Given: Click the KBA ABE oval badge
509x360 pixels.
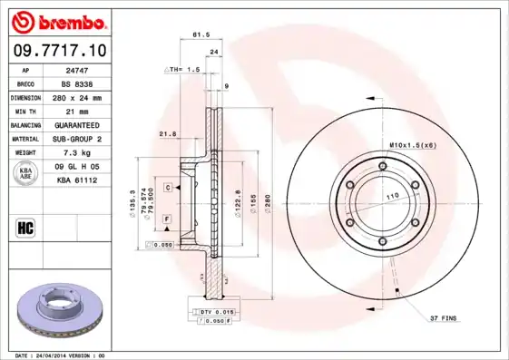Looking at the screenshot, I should [27, 173].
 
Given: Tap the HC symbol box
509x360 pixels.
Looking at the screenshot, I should [25, 227].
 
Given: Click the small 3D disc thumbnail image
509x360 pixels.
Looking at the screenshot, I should [57, 309].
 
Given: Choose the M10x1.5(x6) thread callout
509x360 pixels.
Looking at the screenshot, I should [412, 145].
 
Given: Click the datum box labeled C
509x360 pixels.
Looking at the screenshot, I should [168, 187].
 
